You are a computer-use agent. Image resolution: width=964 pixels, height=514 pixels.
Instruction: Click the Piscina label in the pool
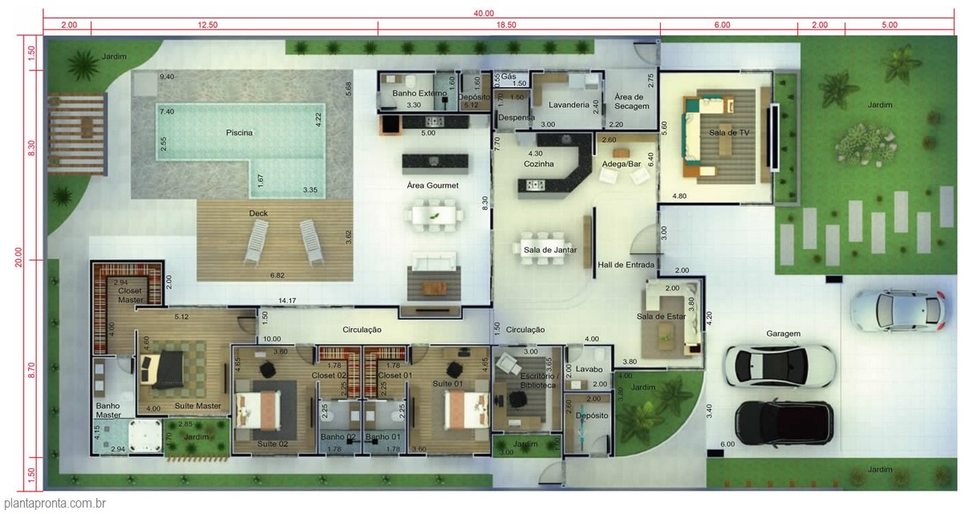point(239,132)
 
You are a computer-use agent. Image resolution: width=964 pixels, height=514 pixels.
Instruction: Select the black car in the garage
point(784,422)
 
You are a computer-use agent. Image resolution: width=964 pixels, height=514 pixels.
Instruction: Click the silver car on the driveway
point(897,310)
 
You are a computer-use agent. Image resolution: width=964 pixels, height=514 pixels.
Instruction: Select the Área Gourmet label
point(432,186)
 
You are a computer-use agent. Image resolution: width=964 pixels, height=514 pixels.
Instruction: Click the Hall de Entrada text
point(626,265)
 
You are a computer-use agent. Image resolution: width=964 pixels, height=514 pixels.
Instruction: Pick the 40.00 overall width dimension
point(484,13)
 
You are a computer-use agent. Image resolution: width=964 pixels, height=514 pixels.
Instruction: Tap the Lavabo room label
point(589,368)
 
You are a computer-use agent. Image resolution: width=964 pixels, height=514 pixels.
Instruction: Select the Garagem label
point(784,334)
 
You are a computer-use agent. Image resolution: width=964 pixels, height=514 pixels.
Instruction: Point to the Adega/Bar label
point(619,164)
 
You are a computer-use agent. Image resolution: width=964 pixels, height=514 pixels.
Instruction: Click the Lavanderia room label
point(569,105)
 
